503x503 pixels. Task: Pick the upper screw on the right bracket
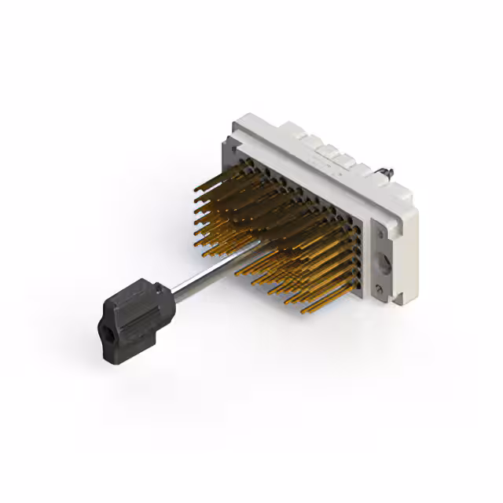[376, 228]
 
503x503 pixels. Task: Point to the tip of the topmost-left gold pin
[194, 187]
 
